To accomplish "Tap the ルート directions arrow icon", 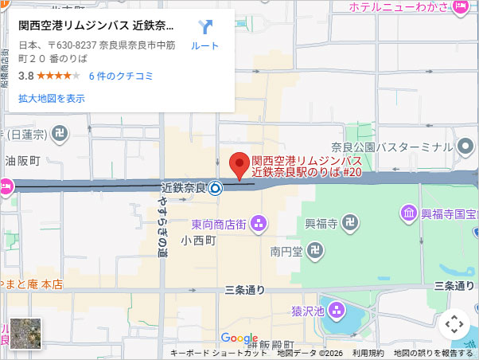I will [205, 28].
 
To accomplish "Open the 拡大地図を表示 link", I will [51, 99].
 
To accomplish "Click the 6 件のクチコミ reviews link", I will [121, 76].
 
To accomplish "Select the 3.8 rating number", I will [25, 76].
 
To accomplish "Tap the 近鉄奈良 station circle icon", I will [216, 189].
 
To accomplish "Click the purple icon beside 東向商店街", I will [258, 225].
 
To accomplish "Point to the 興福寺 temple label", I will [321, 224].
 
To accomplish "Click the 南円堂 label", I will [286, 252].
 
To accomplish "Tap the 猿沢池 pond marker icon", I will [337, 309].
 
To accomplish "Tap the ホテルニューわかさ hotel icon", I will [460, 8].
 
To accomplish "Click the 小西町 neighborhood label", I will [198, 240].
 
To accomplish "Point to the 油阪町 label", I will [21, 160].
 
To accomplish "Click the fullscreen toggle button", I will [454, 324].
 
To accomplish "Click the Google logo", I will [239, 338].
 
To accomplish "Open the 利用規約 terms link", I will [368, 353].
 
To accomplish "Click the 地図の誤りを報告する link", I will [433, 353].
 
